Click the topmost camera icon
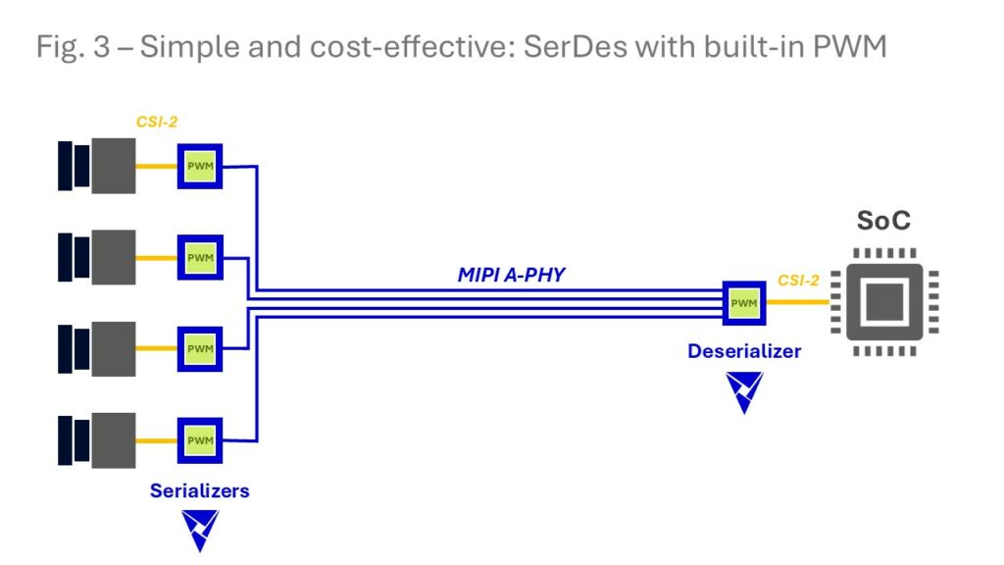96,166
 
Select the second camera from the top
96,257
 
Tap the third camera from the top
96,348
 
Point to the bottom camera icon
96,439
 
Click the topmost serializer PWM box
200,166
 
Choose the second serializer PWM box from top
200,257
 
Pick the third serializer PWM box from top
200,348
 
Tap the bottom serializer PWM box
200,439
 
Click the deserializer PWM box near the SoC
743,303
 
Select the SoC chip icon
883,302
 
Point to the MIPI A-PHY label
511,276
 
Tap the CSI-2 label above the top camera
156,123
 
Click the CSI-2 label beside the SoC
798,281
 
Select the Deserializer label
743,351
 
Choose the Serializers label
199,490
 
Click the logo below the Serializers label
200,530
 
